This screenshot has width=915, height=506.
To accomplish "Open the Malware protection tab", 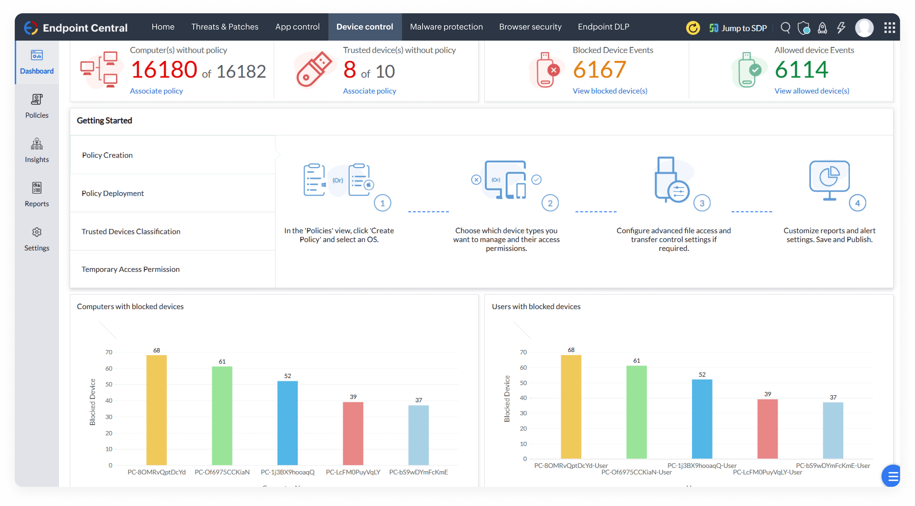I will point(446,27).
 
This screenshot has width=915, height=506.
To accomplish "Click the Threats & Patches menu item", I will point(224,27).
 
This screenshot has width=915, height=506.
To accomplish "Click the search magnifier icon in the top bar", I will point(785,28).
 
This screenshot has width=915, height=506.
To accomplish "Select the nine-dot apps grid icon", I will point(889,28).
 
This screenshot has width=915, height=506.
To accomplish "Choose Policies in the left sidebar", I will point(37,106).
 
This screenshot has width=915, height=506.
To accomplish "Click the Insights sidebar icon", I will point(37,150).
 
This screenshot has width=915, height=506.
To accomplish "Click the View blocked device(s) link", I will point(610,91).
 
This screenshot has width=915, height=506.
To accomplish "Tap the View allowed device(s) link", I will point(812,91).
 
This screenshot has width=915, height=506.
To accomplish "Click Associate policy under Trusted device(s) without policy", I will point(369,91).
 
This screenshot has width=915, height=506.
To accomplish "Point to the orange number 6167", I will point(599,70).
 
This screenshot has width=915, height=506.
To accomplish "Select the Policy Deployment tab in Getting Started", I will point(113,193).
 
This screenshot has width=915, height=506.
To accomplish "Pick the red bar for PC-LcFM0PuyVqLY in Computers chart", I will point(353,433).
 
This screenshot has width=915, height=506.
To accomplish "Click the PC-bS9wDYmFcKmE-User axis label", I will point(833,465).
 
